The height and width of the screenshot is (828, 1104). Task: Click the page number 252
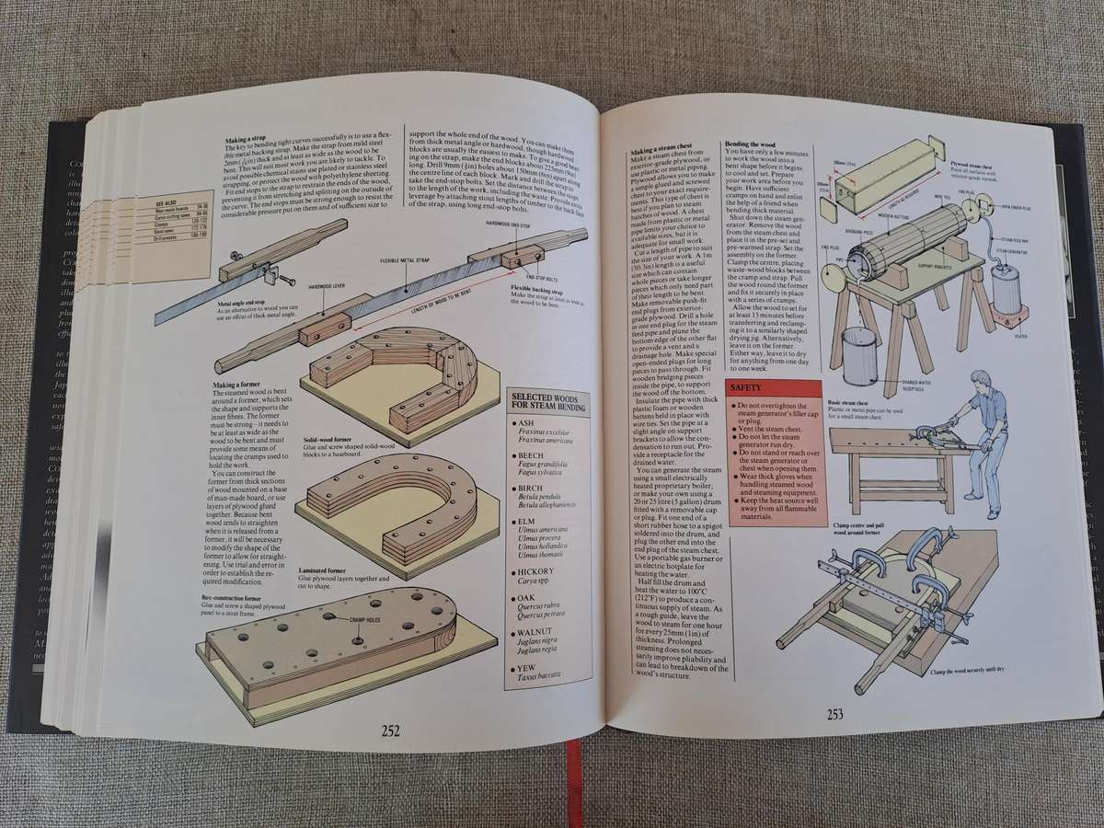point(390,730)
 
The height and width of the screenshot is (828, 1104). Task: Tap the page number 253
point(835,713)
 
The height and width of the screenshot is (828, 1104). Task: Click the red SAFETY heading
point(746,389)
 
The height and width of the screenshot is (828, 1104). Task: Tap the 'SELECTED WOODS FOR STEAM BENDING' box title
point(549,400)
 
